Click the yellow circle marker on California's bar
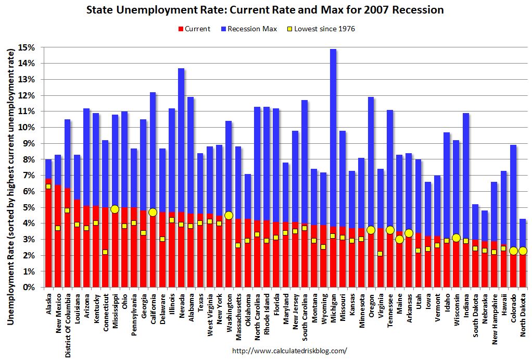pyautogui.click(x=153, y=212)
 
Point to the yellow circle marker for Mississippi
pyautogui.click(x=115, y=209)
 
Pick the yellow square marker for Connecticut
pyautogui.click(x=105, y=252)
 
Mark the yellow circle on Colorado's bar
pyautogui.click(x=513, y=251)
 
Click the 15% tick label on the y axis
pyautogui.click(x=28, y=47)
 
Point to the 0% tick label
pyautogui.click(x=30, y=288)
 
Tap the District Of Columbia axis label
pyautogui.click(x=68, y=324)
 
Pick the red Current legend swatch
pyautogui.click(x=181, y=29)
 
